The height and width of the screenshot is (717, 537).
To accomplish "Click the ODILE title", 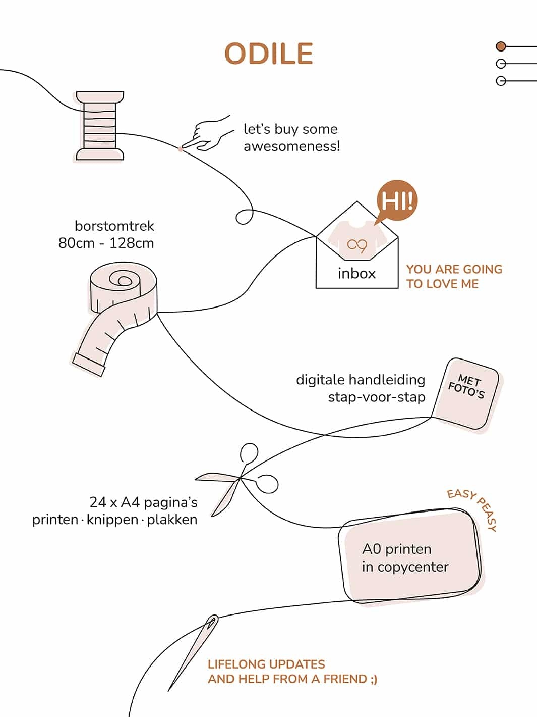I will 269,54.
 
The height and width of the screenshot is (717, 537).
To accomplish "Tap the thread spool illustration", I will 100,126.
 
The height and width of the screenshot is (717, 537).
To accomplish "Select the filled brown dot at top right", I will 501,46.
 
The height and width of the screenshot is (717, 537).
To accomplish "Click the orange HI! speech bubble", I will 397,200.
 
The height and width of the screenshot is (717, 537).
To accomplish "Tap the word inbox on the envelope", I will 356,273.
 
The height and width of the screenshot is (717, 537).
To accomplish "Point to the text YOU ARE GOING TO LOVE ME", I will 454,276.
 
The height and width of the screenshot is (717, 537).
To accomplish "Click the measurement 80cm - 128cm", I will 106,243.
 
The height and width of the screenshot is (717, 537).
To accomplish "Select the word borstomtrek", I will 114,226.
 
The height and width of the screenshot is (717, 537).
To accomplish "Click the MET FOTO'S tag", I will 466,394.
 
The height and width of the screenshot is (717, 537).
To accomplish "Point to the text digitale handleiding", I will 360,379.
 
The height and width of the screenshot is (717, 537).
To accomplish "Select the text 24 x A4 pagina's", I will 143,502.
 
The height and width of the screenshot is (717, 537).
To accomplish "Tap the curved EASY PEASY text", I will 474,507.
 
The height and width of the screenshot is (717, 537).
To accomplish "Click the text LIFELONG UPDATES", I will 266,664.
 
